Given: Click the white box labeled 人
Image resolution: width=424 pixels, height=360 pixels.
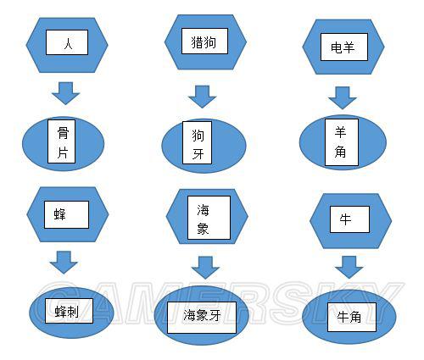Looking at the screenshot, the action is click(67, 42).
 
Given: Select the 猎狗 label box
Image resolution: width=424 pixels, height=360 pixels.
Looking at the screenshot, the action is click(204, 41).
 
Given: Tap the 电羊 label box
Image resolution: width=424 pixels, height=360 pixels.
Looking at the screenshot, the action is click(344, 47).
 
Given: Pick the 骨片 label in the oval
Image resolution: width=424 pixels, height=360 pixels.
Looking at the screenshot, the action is click(62, 141).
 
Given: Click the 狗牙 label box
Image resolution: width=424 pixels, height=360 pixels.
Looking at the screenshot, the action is click(197, 142).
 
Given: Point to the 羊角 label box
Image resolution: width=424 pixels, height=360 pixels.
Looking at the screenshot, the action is click(342, 142).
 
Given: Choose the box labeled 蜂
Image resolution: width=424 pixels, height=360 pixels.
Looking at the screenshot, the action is click(66, 214).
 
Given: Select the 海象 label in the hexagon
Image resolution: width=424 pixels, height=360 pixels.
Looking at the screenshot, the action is click(209, 218).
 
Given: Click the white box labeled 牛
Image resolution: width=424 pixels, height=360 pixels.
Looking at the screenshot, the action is click(349, 219).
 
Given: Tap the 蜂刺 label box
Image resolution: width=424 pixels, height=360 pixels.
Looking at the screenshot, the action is click(69, 311).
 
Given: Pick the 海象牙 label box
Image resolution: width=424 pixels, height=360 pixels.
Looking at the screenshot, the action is click(202, 318).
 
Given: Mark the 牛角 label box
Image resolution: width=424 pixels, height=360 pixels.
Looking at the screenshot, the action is click(352, 317).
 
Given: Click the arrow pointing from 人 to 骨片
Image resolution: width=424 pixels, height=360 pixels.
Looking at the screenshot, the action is click(65, 93).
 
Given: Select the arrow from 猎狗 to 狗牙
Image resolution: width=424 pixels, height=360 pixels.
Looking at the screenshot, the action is click(203, 97).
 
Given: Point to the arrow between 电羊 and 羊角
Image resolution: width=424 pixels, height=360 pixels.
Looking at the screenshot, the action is click(343, 98).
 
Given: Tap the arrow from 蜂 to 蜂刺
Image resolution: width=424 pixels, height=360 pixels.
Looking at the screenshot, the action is click(64, 263).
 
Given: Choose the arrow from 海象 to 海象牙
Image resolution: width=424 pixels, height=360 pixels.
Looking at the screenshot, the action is click(205, 268).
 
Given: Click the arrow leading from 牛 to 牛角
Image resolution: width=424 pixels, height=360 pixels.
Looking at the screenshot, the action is click(349, 267).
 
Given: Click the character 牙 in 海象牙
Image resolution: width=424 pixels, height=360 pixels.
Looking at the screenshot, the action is click(215, 315).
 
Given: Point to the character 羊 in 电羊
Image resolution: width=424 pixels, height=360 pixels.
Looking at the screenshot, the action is click(349, 47).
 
